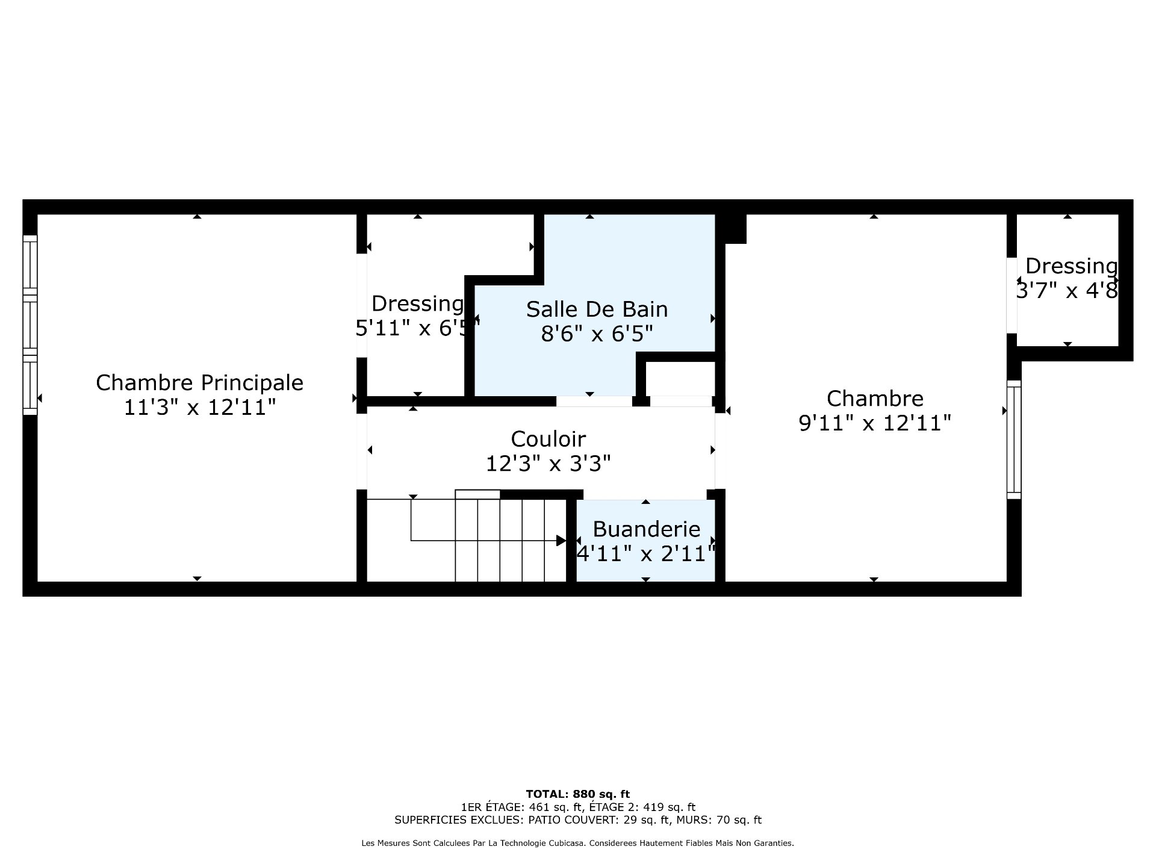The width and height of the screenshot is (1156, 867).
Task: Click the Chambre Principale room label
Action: coord(199,383)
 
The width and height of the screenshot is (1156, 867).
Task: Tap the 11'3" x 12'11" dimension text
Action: coord(199,408)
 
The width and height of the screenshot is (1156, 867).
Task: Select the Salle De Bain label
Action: coord(597,309)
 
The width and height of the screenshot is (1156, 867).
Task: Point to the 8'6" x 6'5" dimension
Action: coord(597,333)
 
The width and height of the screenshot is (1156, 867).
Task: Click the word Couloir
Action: coord(548,438)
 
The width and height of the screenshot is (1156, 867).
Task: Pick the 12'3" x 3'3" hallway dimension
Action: coord(548,464)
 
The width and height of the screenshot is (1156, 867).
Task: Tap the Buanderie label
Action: coord(647,529)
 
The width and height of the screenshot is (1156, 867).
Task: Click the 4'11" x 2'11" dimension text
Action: coord(647,553)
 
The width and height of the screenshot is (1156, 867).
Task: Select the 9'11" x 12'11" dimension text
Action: coord(875,423)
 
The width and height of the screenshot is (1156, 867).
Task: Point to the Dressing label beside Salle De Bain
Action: coord(418,304)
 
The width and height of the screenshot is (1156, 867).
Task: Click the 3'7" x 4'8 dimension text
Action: coord(1067,291)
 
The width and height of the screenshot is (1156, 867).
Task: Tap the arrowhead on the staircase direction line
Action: coord(561,541)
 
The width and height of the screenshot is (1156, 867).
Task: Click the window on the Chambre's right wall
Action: coord(1014,440)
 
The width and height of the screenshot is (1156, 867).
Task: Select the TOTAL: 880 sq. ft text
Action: coord(578,794)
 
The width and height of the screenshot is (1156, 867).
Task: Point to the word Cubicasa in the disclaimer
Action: coord(565,844)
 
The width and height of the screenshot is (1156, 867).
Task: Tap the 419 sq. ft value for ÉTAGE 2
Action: coord(670,807)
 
